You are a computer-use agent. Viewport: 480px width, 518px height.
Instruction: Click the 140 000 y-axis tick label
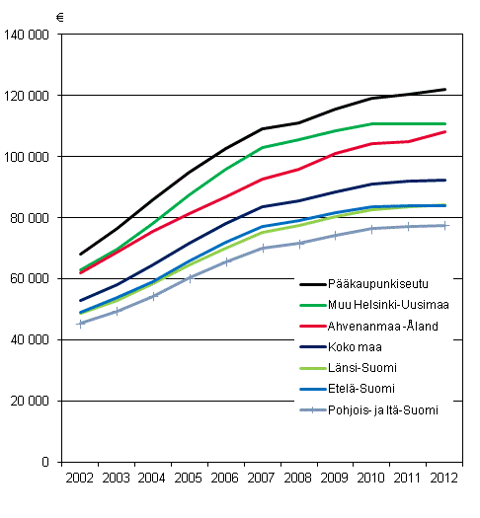coord(28,35)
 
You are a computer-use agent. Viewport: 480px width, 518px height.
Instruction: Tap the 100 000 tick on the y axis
coord(28,157)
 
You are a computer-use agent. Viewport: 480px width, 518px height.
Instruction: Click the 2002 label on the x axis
coord(82,478)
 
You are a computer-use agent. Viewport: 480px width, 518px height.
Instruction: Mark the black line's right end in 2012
coord(445,90)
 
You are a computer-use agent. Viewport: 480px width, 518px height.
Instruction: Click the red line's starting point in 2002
coord(82,272)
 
